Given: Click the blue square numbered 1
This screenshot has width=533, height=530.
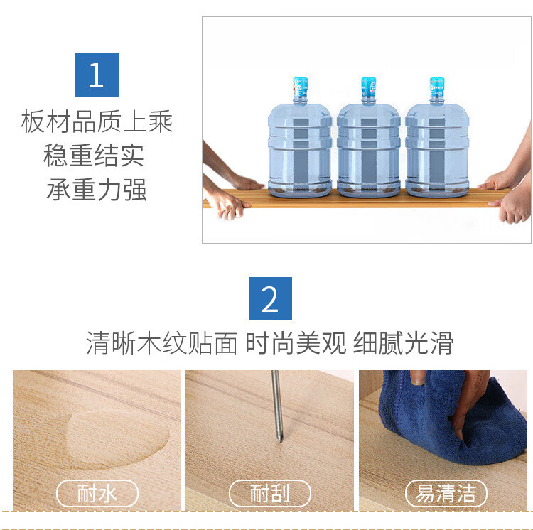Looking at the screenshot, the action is coord(97,75).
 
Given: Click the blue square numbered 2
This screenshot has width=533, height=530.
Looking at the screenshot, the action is coord(270,298).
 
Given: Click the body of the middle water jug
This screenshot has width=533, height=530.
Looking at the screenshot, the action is coord(368,149).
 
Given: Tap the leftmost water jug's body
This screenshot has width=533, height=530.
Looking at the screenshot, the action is coord(300,149).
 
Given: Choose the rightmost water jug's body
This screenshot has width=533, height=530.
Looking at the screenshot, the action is coord(437,149).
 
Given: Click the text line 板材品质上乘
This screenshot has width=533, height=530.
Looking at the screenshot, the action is coord(97,121).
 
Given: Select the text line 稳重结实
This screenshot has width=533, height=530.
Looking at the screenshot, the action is coord(94,156).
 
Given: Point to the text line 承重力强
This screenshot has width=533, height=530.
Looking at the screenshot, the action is coord(97,189).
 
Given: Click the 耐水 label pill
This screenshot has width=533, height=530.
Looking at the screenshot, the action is coord(97,493).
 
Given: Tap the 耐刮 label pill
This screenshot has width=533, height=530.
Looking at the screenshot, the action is coord(270,493).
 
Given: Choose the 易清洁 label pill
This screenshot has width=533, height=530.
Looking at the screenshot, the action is coord(446,493).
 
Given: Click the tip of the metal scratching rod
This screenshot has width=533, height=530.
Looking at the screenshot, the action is coord(280,441).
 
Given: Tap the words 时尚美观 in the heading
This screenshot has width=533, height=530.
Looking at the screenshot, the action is coord(296,343).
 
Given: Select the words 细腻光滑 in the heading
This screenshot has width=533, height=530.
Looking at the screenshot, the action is coord(403,343).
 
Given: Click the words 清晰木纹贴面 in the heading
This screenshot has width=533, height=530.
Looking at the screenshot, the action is coord(162,343).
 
